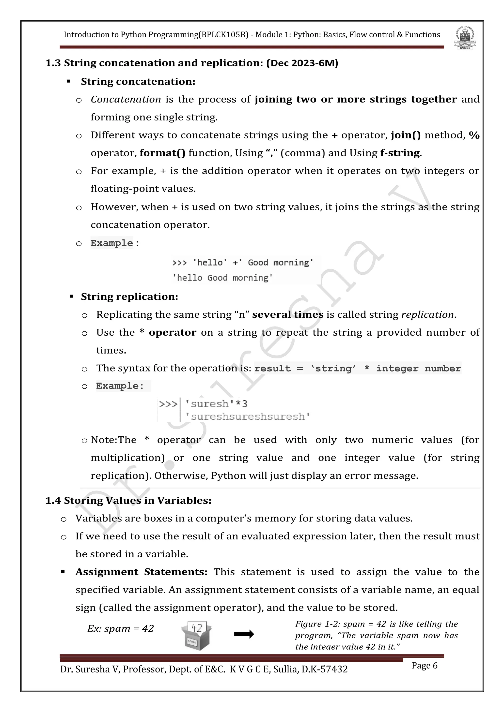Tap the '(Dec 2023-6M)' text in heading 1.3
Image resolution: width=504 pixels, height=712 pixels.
coord(302,63)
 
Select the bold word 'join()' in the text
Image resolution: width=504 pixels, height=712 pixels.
coord(406,135)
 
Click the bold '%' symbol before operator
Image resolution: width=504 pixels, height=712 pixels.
coord(474,135)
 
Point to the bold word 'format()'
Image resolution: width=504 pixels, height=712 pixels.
coord(162,153)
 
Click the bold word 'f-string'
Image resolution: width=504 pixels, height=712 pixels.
coord(400,153)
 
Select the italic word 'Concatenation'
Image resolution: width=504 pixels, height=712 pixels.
coord(126,99)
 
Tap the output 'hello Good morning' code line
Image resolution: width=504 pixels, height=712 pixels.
coord(222,278)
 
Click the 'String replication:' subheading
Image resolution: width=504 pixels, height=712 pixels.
coord(129,297)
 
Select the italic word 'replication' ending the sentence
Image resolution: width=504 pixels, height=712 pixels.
coord(427,315)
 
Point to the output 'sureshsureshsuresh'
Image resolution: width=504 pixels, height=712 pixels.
coord(248,416)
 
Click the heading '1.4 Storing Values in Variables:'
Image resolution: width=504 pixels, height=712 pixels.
coord(128,501)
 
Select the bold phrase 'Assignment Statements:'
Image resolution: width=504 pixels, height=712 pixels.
coord(141,572)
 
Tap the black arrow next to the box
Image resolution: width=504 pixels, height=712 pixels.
coord(244,635)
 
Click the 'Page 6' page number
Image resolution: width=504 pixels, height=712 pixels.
coord(424,666)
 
